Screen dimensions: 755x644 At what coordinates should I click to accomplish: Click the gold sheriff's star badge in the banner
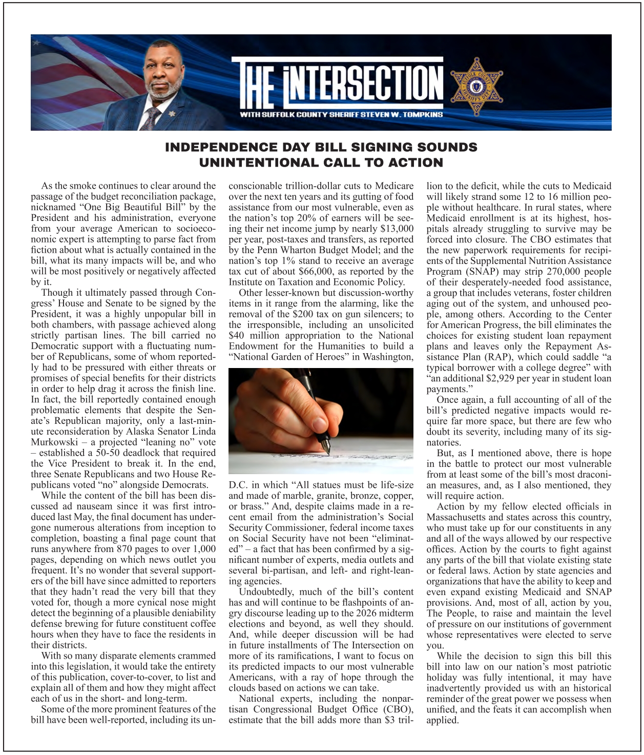point(476,83)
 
